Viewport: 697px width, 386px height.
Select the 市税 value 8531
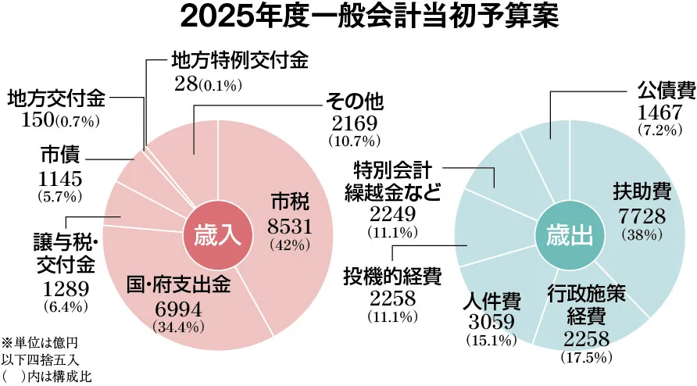pos(290,227)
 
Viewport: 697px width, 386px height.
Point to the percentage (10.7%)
pos(354,141)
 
